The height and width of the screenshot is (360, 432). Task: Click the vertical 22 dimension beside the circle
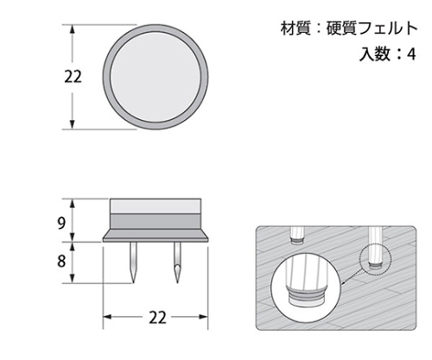coord(73,77)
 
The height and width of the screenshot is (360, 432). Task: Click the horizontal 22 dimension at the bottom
coord(157,318)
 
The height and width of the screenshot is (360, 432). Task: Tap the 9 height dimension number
coord(61,223)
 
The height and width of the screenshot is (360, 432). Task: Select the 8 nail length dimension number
coord(61,262)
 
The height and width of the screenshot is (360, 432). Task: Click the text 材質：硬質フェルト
coord(349,28)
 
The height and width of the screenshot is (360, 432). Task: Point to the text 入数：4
coord(388,54)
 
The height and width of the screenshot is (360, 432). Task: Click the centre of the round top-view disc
coord(156,77)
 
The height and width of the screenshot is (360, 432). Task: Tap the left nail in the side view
coord(133,262)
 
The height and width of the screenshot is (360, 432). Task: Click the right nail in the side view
coord(177,262)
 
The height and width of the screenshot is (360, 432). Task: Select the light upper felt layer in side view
coord(156,206)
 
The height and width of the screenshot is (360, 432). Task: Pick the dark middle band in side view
coord(156,221)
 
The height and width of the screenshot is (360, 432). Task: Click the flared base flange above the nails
coord(156,236)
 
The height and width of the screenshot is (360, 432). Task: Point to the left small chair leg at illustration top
coord(298,236)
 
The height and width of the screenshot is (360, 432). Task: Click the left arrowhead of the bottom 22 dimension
coord(107,317)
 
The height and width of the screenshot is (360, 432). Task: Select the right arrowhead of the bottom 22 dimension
coord(204,317)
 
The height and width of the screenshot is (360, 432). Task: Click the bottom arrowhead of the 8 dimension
coord(73,278)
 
